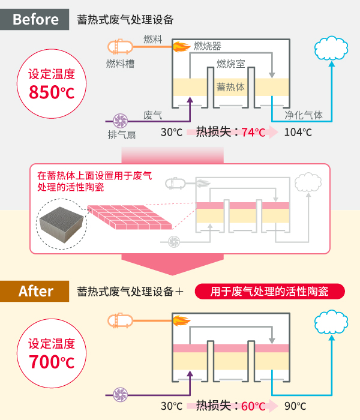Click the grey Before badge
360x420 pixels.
(35, 19)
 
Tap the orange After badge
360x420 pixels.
(35, 292)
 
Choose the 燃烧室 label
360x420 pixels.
(230, 64)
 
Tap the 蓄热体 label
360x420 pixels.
(230, 87)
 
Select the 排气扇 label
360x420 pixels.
(121, 134)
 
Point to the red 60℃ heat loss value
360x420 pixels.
(253, 406)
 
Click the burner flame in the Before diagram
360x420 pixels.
(179, 45)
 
